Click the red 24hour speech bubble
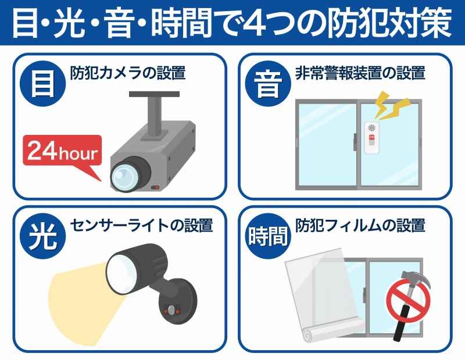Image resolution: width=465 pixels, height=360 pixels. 62,151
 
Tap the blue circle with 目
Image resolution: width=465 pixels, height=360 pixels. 42,84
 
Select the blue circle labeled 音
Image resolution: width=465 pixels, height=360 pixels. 268,84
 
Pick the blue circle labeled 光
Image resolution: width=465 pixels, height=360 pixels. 42,236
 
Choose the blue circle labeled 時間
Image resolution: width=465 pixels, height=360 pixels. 268,236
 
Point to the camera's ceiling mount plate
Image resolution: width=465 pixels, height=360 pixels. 154,94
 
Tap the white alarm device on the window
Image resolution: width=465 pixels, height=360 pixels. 371,138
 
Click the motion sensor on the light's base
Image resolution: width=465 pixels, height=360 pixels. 171,311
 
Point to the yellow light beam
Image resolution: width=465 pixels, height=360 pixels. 83,300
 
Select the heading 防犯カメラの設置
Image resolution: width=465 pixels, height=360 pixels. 128,73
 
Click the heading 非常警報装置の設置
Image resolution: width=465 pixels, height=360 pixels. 360,73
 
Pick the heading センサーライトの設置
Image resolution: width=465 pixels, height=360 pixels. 141,226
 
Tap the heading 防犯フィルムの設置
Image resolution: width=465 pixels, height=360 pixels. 360,226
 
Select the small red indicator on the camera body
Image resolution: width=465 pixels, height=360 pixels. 155,187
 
